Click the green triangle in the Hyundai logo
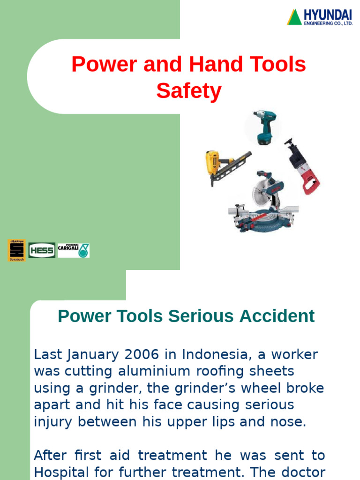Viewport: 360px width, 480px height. coord(294,18)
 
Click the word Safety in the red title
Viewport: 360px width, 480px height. coord(188,91)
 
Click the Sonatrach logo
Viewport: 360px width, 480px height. coord(16,250)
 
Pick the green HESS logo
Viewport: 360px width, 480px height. coord(42,250)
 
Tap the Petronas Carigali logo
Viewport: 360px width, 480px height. coord(73,250)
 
